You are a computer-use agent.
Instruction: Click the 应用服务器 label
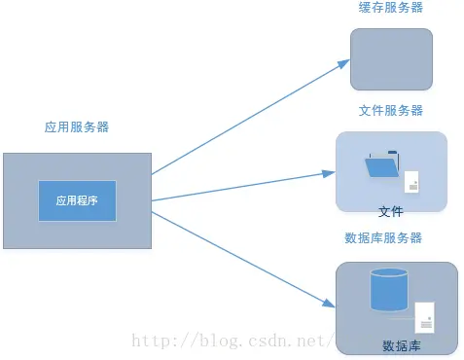click(77, 127)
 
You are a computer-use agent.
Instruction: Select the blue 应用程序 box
click(77, 200)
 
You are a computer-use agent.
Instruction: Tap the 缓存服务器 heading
click(391, 8)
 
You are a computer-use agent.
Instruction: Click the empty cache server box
click(391, 59)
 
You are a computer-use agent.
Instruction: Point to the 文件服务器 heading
click(391, 111)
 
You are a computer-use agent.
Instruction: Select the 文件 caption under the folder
click(391, 210)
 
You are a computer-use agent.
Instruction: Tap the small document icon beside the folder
click(413, 183)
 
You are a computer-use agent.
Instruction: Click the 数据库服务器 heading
click(384, 238)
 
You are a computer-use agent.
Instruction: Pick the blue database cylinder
click(388, 291)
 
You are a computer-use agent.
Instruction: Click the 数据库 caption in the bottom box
click(401, 346)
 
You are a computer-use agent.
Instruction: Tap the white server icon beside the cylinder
click(424, 317)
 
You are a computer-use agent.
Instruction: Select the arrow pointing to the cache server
click(248, 116)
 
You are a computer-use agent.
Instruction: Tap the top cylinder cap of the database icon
click(388, 273)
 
